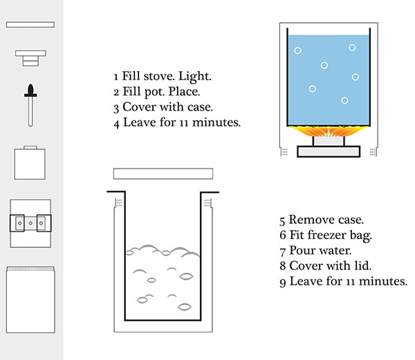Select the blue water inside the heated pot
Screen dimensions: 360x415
(x=326, y=76)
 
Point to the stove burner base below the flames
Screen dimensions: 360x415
(x=329, y=150)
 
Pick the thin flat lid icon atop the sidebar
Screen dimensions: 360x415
(x=30, y=24)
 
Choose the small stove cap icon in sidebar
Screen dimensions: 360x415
(x=30, y=57)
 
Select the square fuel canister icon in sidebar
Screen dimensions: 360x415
(x=30, y=163)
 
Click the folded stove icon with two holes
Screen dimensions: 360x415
(x=30, y=223)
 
